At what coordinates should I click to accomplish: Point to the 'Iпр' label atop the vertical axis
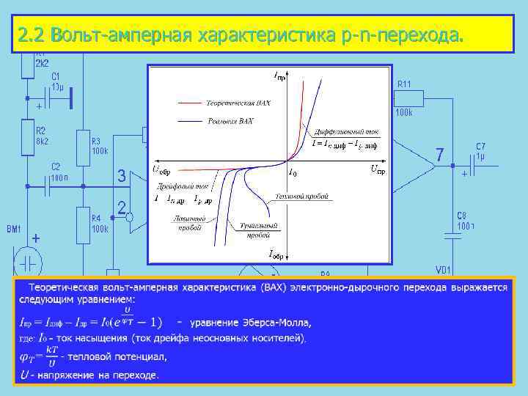tap(280, 75)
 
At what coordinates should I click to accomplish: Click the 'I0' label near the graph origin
tap(293, 173)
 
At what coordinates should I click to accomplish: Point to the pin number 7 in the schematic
tap(439, 155)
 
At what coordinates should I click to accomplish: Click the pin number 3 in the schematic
tap(122, 177)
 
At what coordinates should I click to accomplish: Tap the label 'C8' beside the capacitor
tap(462, 216)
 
